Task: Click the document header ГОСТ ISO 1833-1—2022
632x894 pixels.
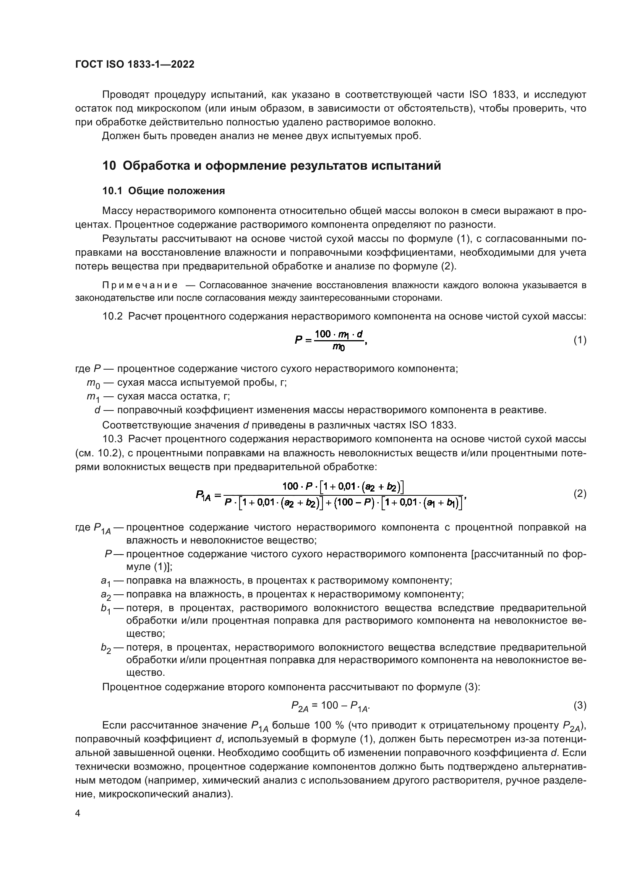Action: point(135,64)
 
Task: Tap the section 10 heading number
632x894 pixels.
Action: point(109,166)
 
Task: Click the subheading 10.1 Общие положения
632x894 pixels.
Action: point(164,191)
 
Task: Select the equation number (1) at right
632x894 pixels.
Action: point(580,340)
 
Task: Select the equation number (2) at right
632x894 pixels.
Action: point(580,494)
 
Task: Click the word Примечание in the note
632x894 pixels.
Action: point(140,286)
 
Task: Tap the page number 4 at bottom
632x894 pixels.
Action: point(78,814)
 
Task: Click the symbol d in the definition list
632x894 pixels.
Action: point(97,410)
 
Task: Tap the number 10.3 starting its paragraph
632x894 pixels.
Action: point(112,439)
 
